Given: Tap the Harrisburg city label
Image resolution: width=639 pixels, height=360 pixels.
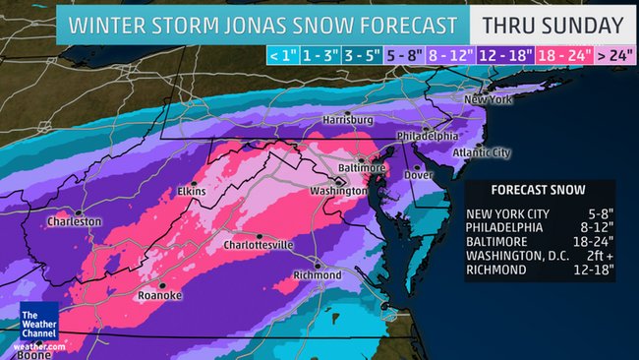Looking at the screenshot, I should [x=349, y=119].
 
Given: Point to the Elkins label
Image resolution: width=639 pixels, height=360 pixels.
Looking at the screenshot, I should [x=191, y=191].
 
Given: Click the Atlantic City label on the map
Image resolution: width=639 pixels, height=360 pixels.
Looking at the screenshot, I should [x=481, y=152].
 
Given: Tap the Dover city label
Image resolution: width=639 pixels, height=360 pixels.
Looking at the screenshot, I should [x=420, y=175].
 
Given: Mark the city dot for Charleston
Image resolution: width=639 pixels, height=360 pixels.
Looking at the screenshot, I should [x=78, y=211].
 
